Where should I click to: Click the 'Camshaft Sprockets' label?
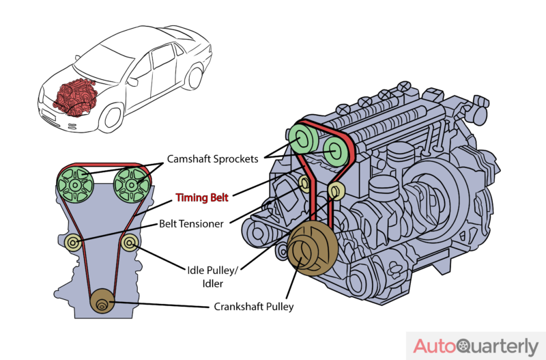coord(212,159)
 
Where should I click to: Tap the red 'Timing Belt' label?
coord(202,197)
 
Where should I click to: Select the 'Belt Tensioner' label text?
coord(191,224)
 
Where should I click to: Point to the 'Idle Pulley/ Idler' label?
coord(212,277)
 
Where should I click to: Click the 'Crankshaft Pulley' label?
coord(253,307)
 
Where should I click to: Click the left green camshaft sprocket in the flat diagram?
coord(75,185)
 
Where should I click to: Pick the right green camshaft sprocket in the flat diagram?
coord(132,185)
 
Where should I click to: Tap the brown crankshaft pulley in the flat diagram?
coord(102,301)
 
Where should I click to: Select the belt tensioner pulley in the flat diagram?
coord(74,243)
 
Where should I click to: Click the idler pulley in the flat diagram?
coord(130,243)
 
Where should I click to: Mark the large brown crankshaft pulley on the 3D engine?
coord(312,249)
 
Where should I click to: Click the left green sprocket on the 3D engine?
coord(302,139)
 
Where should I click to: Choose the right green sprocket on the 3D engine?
coord(336,151)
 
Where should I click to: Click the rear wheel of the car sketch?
coord(194,78)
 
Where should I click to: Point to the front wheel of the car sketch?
coord(111,117)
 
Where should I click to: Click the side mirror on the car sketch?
coord(132,82)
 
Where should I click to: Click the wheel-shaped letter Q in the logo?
coord(464,346)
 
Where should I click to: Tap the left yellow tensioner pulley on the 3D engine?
coord(304,184)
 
